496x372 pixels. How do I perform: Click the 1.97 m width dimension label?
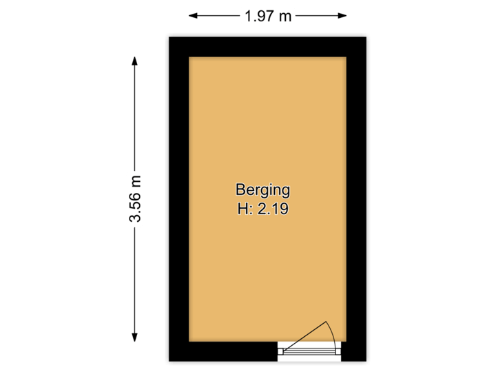[x=267, y=15]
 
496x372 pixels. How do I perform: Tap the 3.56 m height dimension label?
[x=135, y=198]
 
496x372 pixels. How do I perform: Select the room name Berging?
[x=262, y=189]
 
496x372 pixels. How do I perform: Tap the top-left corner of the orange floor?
[x=191, y=58]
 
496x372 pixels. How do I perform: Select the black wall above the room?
[x=267, y=45]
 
